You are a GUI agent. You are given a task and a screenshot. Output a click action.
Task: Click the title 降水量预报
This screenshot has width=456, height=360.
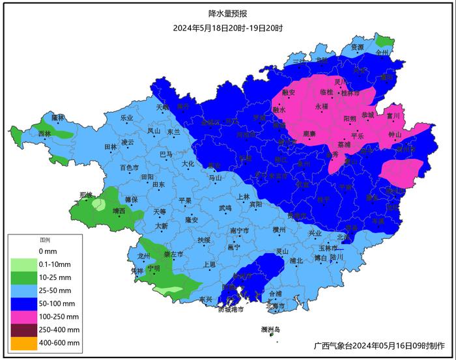coord(227,13)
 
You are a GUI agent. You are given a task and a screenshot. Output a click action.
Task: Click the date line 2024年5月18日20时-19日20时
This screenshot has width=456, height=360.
coord(227,28)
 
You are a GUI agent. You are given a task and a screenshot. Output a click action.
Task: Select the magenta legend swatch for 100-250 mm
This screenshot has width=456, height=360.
coord(23,316)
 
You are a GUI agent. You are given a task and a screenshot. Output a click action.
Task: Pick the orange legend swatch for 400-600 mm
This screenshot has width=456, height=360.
coord(23,342)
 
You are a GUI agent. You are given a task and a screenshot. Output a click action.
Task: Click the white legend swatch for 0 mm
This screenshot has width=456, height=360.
coord(23,251)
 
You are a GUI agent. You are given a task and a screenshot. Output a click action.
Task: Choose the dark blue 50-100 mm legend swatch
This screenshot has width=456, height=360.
coord(23,303)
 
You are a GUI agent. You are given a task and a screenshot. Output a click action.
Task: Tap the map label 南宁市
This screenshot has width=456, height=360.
coord(240,230)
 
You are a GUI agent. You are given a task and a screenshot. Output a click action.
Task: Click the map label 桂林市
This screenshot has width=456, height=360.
coord(350,92)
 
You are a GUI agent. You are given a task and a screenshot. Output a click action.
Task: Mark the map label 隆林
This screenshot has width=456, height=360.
coord(58,117)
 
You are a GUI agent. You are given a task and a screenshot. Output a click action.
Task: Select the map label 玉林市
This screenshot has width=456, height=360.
coord(328,248)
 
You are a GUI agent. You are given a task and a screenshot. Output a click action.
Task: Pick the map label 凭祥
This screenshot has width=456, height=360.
coord(137,270)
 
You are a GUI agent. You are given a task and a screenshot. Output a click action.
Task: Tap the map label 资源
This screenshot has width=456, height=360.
coord(357,48)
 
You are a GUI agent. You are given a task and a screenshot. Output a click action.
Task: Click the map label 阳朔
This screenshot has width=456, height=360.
coord(349,119)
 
